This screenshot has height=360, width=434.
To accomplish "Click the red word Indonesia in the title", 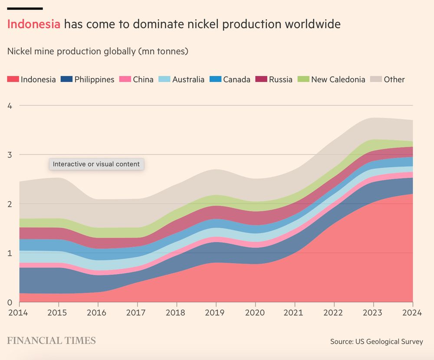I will coord(33,24).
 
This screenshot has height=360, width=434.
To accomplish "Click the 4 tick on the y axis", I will coord(10,106).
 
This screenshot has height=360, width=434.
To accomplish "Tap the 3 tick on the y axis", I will coord(10,155).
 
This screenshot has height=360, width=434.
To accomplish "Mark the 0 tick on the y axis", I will coord(10,302).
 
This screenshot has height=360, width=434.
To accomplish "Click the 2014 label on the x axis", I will coord(20,312).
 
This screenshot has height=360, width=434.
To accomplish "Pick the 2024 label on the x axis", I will coord(412,312).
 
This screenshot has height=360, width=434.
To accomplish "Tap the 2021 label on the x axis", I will coord(295,312).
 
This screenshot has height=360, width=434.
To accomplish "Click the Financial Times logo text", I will coord(51,341).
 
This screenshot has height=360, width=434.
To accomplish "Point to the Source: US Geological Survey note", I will coord(376,342).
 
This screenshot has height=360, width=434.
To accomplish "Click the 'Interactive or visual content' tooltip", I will coord(96,164).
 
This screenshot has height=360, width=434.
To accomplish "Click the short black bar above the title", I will coord(25,8).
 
